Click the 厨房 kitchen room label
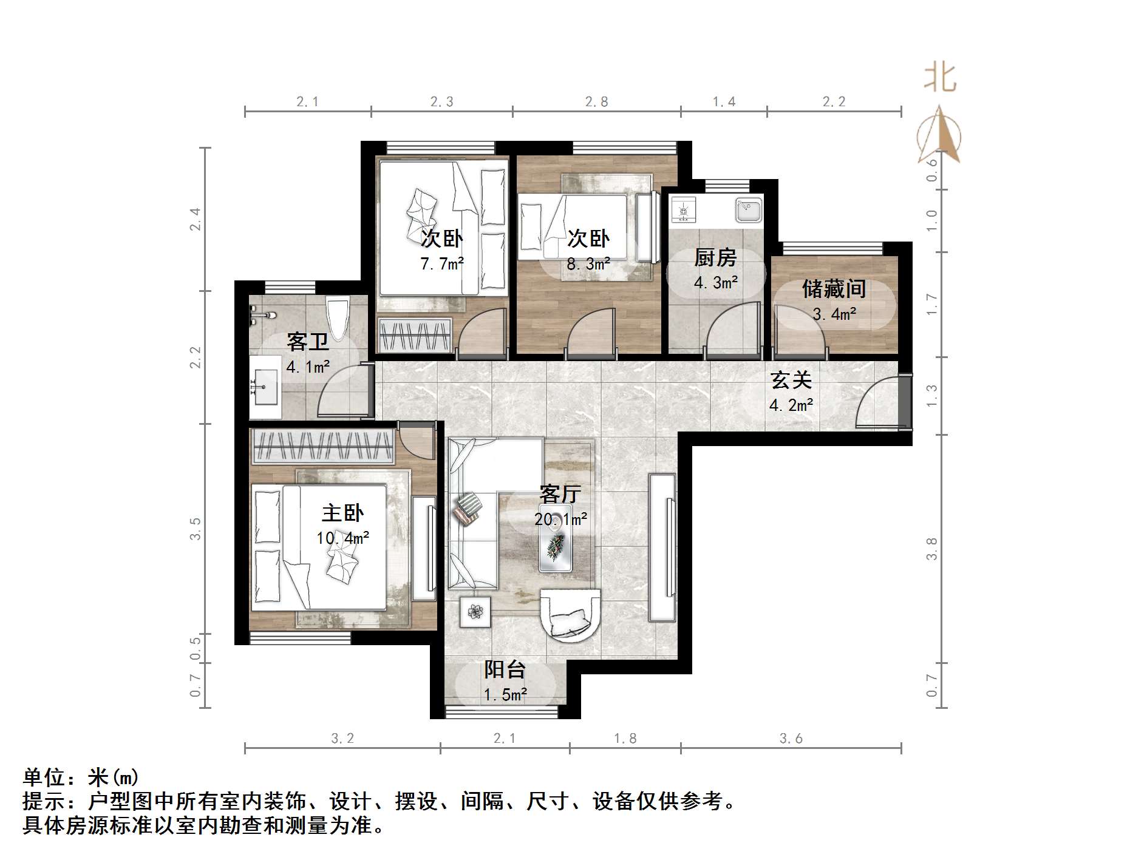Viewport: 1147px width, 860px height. (715, 258)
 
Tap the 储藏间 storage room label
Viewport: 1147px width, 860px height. (834, 289)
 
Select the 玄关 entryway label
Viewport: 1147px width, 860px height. (791, 381)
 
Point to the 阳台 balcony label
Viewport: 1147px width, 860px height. (505, 669)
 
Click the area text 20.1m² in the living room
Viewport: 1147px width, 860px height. (560, 520)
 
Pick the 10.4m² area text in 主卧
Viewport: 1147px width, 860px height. (342, 538)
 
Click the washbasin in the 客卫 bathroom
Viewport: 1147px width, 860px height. (264, 386)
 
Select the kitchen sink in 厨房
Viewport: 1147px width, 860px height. (748, 210)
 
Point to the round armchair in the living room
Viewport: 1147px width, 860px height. (569, 614)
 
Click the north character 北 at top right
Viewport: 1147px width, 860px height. (940, 78)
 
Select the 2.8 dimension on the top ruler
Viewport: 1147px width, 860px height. (596, 102)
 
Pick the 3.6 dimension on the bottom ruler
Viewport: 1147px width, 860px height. (791, 739)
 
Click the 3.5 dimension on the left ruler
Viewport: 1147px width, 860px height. (195, 529)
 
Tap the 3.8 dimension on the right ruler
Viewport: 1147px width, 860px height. (932, 549)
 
